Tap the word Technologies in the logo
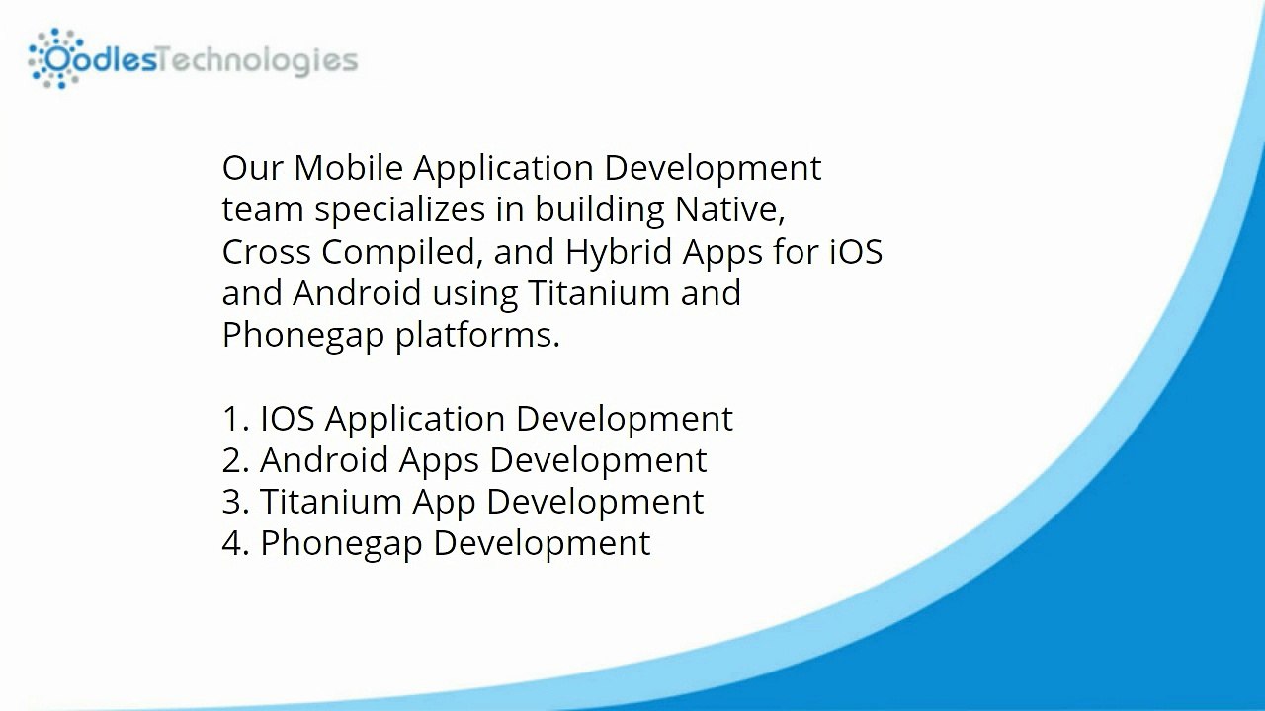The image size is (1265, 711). pos(258,60)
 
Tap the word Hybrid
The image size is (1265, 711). pos(619,253)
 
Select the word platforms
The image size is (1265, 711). pos(477,336)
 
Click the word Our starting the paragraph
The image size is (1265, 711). pos(253,168)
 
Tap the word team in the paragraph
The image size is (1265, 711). pos(264,210)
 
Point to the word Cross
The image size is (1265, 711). pos(267,252)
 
